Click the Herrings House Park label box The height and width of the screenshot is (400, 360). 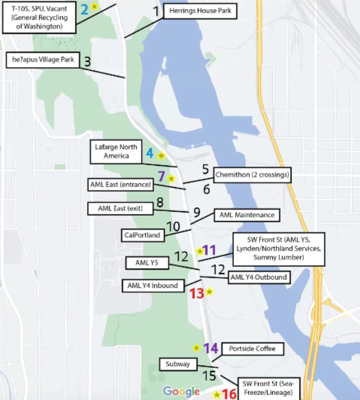point(200,11)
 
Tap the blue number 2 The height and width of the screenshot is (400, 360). point(84,9)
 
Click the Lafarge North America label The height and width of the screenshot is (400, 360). point(116,152)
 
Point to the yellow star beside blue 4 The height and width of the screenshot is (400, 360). point(161,156)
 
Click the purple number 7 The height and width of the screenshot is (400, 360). point(161,177)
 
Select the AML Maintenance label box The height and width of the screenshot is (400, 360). point(247,215)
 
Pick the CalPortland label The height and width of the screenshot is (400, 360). point(142,235)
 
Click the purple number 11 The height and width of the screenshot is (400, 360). point(210,250)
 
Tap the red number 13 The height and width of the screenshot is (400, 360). point(197,293)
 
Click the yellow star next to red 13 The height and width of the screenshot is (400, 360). point(210,292)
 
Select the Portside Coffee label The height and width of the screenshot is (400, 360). point(252,349)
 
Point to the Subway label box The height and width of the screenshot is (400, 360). point(178,364)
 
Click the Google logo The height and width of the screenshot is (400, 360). point(181,391)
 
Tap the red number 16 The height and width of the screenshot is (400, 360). point(229,394)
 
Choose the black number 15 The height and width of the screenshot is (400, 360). point(210,375)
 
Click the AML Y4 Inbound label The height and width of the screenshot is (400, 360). point(152,285)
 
